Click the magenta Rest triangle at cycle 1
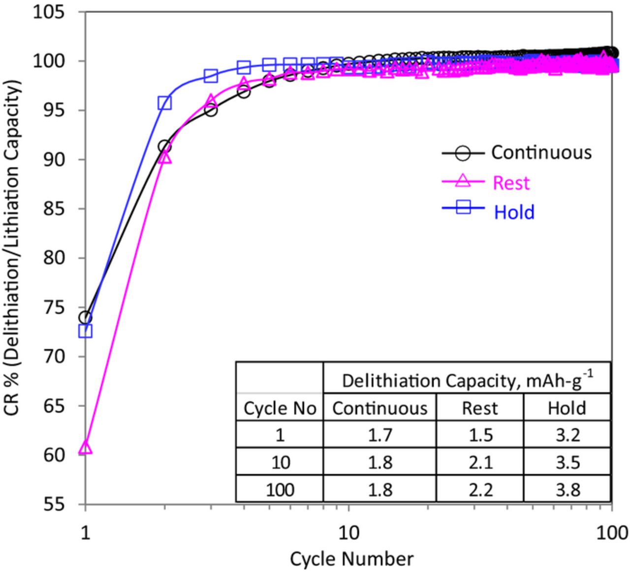pos(85,448)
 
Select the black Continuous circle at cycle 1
pos(85,317)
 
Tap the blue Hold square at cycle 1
pos(85,331)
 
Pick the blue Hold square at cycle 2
pos(164,103)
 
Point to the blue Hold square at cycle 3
pos(211,76)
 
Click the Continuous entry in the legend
pos(541,152)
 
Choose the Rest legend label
pos(511,183)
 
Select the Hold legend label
pos(514,212)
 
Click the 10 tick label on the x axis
pos(348,532)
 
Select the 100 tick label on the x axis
pos(610,532)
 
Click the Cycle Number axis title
pos(351,559)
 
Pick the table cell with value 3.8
pos(567,490)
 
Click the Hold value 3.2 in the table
pos(567,435)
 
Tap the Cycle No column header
pos(280,408)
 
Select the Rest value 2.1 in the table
pos(480,462)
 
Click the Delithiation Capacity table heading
pos(467,381)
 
